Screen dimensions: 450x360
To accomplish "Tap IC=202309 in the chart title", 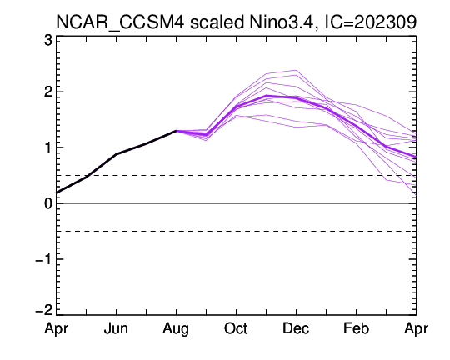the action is coord(370,22).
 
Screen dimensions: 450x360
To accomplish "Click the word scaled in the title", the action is coord(217,22).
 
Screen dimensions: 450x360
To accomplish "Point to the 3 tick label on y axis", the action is coord(48,41).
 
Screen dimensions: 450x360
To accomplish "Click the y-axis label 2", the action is coord(48,92).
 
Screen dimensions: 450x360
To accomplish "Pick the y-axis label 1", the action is coord(48,147).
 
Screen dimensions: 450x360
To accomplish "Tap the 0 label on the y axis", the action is coord(48,203).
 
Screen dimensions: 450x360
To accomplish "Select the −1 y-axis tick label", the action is coord(44,259).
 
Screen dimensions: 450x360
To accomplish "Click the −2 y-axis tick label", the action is coord(44,310).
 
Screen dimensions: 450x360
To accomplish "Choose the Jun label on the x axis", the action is coord(116,328).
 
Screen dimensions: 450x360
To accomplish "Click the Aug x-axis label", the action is coord(176,329).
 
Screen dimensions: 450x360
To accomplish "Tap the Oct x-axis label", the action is coord(236,328).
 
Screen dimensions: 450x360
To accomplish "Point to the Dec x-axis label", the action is coord(296,328).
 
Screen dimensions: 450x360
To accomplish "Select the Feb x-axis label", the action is coord(356,328).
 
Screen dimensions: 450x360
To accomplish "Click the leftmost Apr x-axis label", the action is coord(57,329).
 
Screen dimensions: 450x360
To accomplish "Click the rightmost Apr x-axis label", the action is coord(416,329).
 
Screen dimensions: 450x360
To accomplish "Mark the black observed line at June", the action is coord(116,154).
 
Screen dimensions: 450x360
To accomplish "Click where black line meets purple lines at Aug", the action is coord(176,131).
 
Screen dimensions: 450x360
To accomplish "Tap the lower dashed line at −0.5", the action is coord(236,231).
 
